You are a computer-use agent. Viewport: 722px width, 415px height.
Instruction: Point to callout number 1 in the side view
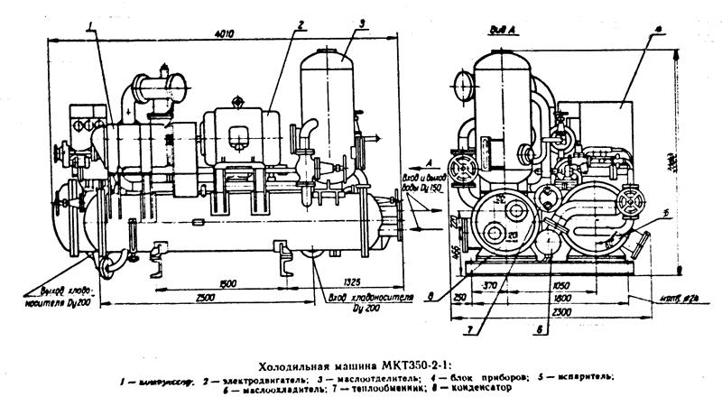tap(91, 32)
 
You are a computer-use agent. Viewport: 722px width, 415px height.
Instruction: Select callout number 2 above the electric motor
tap(299, 23)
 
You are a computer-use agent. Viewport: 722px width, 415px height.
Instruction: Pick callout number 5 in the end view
tap(665, 213)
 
